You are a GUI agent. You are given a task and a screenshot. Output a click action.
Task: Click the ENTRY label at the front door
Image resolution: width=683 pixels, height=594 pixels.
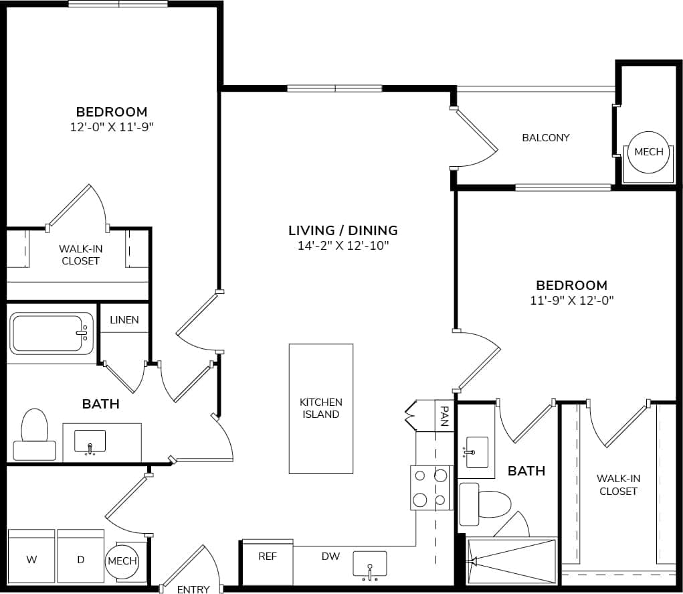click(x=193, y=589)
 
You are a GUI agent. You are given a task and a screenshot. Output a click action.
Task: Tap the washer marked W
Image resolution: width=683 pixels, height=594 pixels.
click(x=31, y=559)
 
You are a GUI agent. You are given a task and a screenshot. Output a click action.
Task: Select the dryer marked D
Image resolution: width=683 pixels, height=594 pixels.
click(x=80, y=559)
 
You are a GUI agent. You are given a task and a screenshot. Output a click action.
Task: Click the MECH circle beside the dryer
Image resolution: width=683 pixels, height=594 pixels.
click(x=122, y=561)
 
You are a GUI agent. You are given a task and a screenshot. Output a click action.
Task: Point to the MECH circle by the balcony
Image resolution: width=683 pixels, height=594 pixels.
click(x=648, y=152)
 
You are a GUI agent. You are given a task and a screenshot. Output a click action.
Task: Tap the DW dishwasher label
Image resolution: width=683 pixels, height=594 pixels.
click(x=330, y=556)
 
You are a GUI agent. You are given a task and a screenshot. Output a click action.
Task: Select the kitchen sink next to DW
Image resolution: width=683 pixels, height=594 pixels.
click(x=370, y=565)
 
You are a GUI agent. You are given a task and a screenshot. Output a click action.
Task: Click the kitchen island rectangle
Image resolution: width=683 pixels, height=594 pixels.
click(x=321, y=409)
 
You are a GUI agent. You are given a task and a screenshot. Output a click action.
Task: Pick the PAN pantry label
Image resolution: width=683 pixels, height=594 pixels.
click(x=443, y=415)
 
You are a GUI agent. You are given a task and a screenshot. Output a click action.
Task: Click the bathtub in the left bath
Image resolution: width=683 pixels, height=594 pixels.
click(x=52, y=333)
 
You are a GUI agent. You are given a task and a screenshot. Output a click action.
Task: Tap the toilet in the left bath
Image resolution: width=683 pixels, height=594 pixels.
click(x=35, y=435)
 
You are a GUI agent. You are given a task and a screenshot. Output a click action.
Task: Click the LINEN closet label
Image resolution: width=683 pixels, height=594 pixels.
click(x=124, y=319)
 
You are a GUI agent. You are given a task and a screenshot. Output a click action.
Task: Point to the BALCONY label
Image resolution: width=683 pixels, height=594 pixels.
click(x=545, y=137)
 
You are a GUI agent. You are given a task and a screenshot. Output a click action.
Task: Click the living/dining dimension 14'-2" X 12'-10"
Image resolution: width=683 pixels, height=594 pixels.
click(x=343, y=246)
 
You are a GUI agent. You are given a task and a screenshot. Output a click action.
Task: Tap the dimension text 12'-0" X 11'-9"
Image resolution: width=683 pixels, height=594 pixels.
click(x=112, y=127)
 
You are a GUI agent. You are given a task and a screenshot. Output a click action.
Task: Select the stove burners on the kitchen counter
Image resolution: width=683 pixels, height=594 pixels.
click(x=429, y=487)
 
